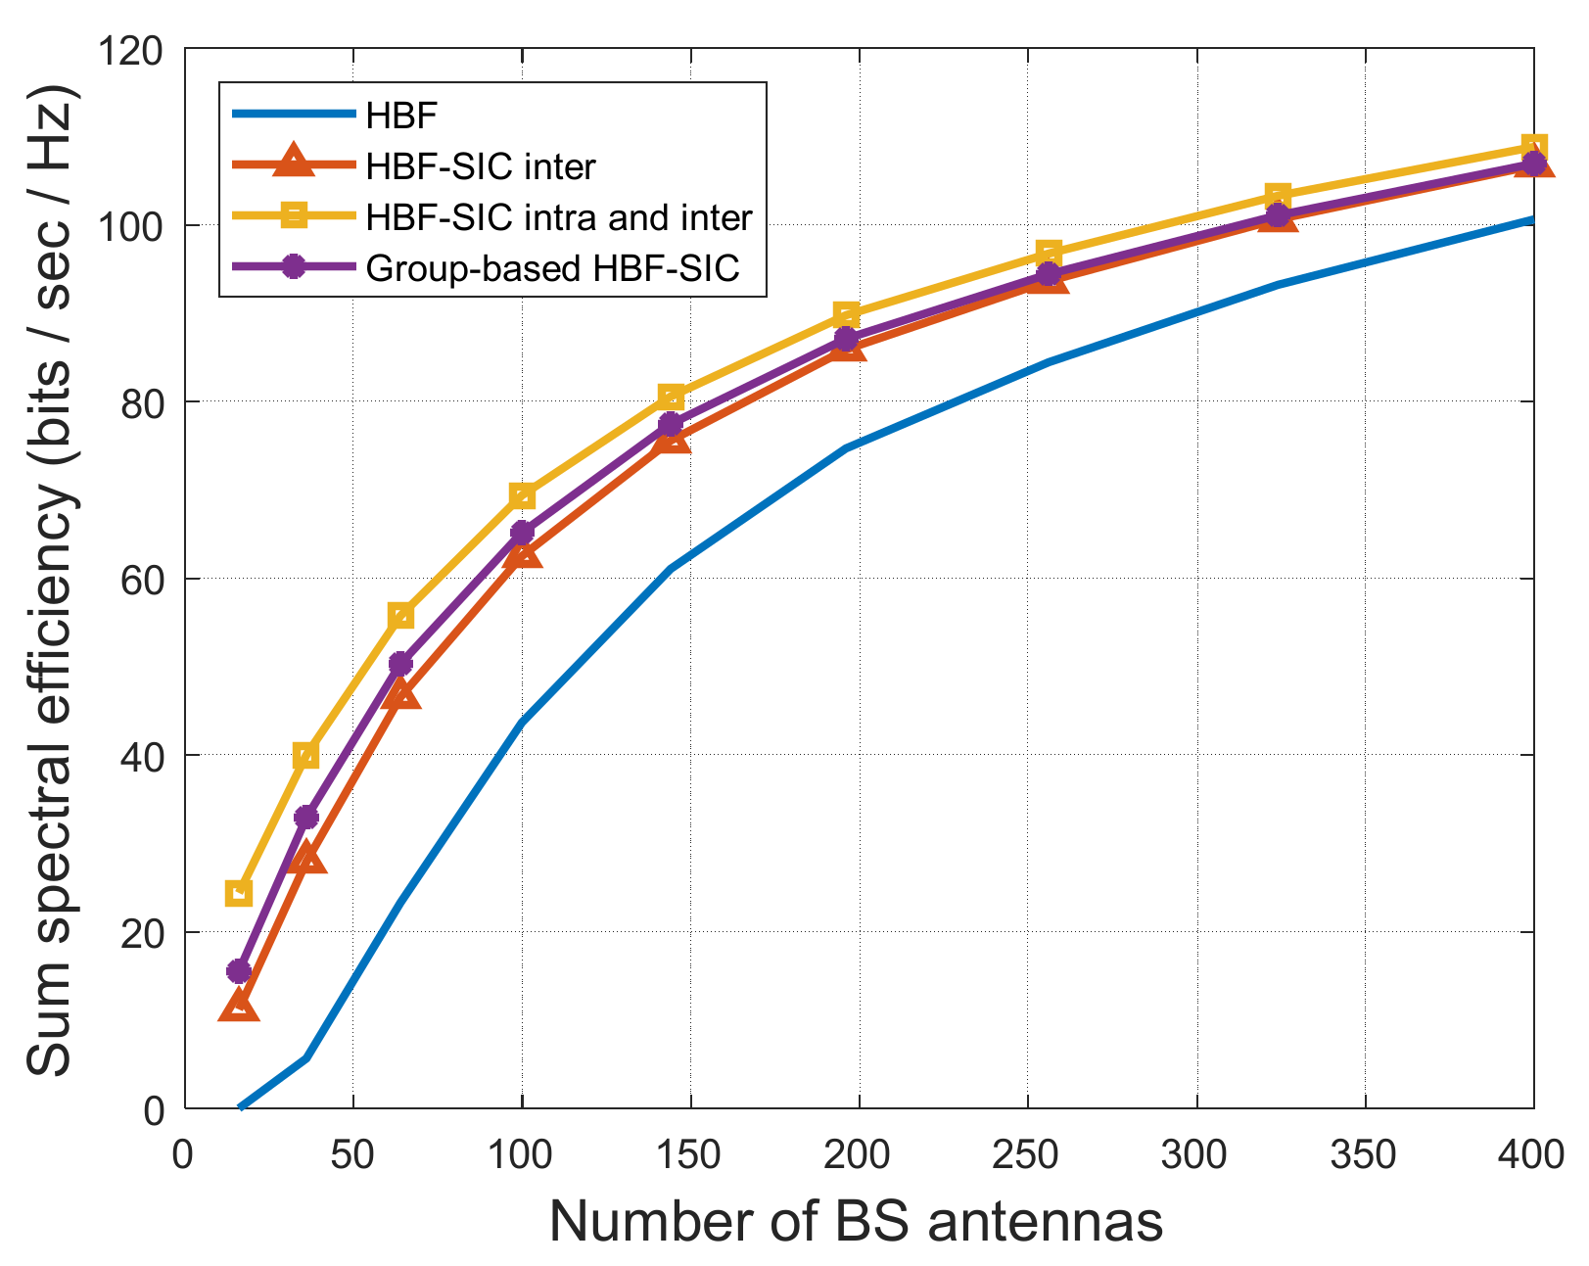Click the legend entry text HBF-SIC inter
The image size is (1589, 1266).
(x=480, y=166)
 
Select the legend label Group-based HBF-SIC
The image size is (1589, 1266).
(x=552, y=267)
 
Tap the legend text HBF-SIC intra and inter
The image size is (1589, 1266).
(x=558, y=217)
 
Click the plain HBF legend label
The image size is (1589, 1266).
(x=401, y=117)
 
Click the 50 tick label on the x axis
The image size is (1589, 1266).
(x=351, y=1155)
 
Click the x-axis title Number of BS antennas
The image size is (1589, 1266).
(x=857, y=1222)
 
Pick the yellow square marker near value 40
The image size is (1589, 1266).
(x=305, y=755)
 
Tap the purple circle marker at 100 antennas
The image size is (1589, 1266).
(x=522, y=533)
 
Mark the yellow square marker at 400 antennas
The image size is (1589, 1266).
(x=1534, y=147)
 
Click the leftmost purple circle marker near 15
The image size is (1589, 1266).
(x=239, y=971)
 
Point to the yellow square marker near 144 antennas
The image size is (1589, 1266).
(x=671, y=397)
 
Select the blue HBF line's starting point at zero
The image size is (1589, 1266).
(x=241, y=1107)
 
